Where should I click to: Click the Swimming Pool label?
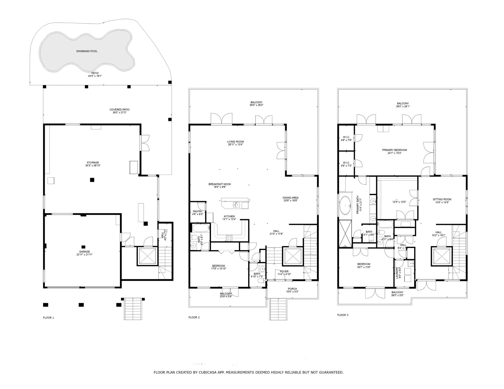pos(87,51)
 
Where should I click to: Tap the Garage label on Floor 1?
pos(84,252)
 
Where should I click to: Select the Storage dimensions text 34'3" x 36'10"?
pos(93,166)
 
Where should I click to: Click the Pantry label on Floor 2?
pos(198,211)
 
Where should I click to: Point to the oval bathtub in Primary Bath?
pos(345,205)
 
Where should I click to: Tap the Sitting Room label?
pos(442,199)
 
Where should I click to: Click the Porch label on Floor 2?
pos(292,289)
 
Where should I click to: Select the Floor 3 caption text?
pos(343,315)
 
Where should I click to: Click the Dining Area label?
pos(290,198)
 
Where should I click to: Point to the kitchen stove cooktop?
pos(229,238)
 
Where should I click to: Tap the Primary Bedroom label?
pos(394,150)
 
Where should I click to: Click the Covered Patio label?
pos(119,110)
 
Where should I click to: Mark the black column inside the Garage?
pos(83,247)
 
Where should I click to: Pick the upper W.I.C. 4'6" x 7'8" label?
pos(346,137)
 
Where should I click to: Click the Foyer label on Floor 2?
pos(284,271)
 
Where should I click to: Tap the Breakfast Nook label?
pos(219,184)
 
